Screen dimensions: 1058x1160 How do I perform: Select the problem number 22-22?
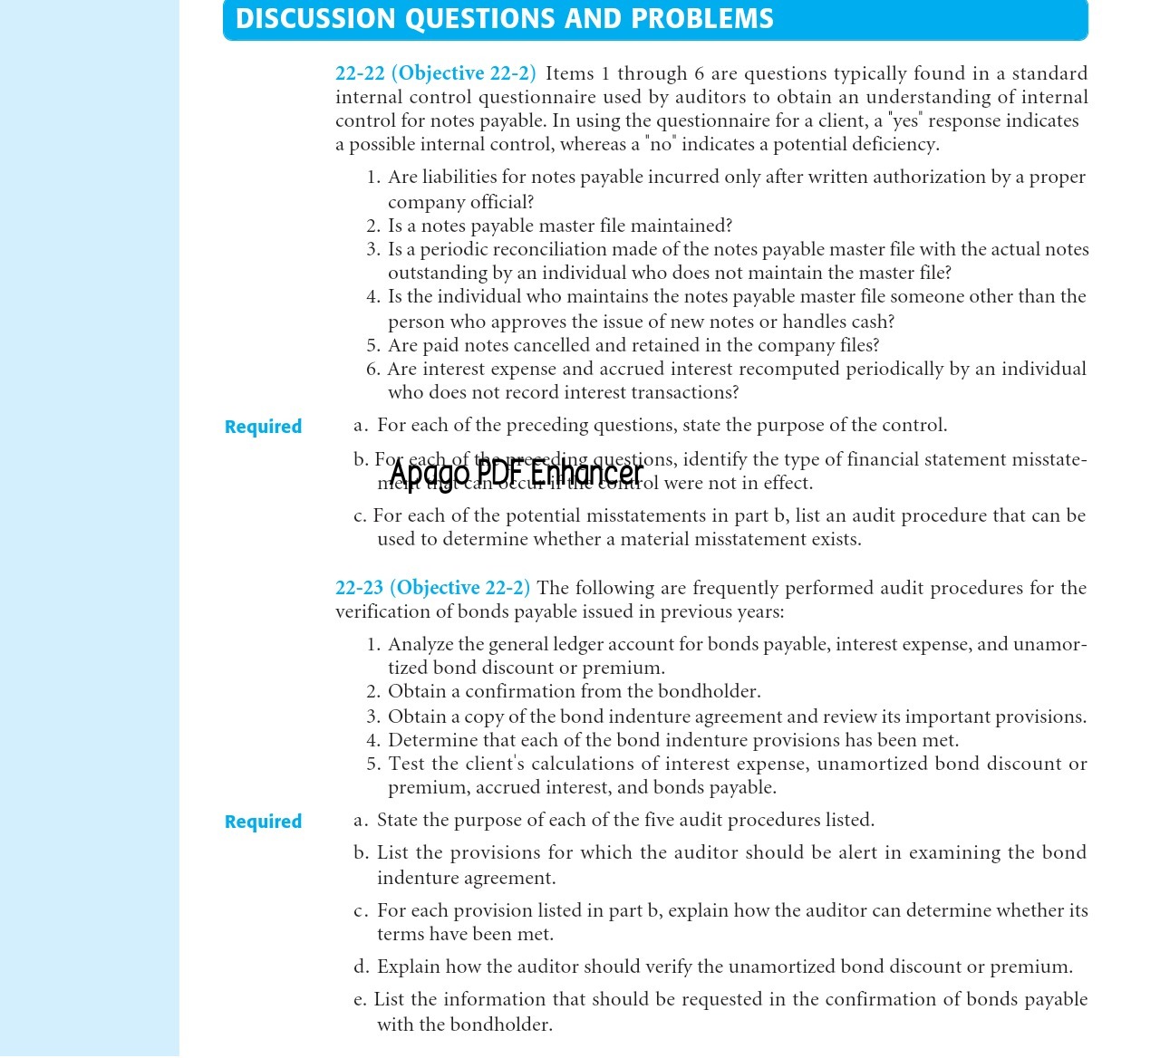pos(360,73)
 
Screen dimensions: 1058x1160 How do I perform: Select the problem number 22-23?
pos(359,588)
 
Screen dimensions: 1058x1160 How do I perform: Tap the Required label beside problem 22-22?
pos(263,427)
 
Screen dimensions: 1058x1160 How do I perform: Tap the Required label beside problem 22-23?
pos(263,822)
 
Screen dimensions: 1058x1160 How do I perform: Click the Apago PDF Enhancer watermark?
pos(516,473)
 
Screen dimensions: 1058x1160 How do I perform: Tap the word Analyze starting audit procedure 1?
pos(420,644)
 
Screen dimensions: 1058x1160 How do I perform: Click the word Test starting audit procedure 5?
pos(407,764)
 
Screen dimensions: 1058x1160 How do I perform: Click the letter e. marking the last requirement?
pos(360,999)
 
